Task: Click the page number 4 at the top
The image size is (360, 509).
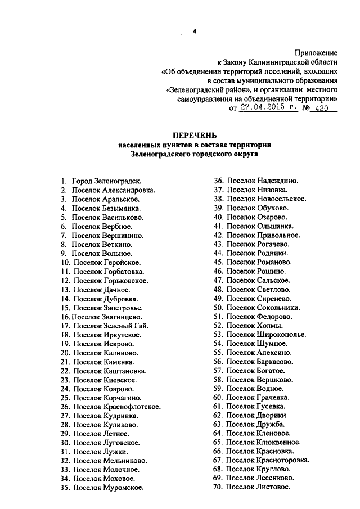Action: coord(195,32)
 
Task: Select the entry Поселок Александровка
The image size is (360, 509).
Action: coord(112,190)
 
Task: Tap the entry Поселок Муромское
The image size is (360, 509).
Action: coord(107,488)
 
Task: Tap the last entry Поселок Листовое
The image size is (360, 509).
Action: coord(258,487)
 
